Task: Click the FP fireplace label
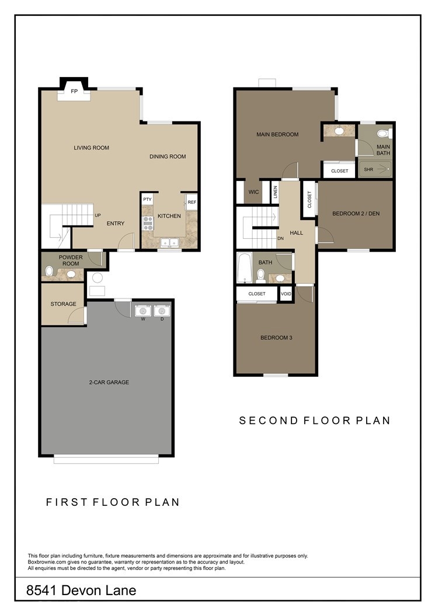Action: pos(74,91)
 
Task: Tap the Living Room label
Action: pos(92,148)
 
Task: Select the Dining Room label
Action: pos(168,157)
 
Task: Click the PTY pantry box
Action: pos(147,200)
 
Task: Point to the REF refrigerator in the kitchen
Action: pos(192,203)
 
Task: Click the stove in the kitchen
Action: pos(148,223)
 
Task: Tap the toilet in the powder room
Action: pos(50,271)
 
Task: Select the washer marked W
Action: pos(143,311)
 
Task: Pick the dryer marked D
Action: pos(162,311)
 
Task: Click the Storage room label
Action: pos(63,304)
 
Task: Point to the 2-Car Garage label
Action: pos(109,383)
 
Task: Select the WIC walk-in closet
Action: pos(253,192)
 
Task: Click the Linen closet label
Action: pos(276,192)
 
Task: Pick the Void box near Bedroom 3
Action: pos(286,294)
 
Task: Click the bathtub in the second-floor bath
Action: pos(244,268)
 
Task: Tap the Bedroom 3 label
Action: pos(276,338)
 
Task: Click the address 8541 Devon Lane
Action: pos(81,590)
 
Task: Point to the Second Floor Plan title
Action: pos(315,421)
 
